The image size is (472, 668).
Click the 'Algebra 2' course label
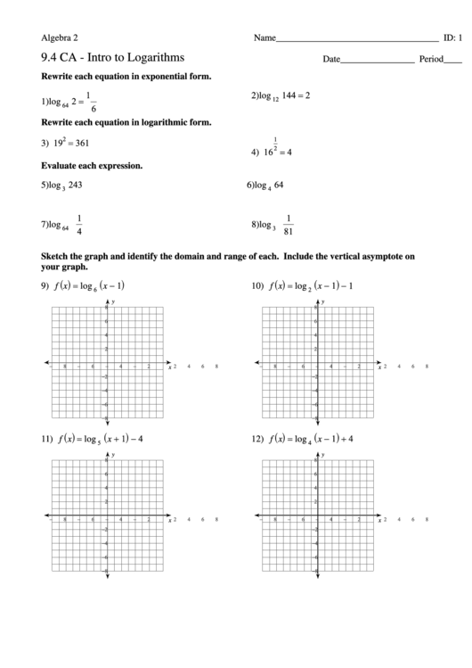60,37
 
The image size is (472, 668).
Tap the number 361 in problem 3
77,142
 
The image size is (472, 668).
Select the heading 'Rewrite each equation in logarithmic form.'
126,122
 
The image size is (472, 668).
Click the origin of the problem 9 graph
107,363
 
